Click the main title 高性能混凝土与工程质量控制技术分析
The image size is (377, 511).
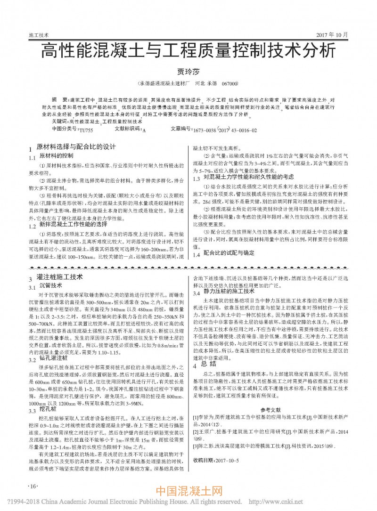[x=188, y=50]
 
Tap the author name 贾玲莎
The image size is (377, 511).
[x=188, y=71]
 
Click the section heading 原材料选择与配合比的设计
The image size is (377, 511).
[x=76, y=146]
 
